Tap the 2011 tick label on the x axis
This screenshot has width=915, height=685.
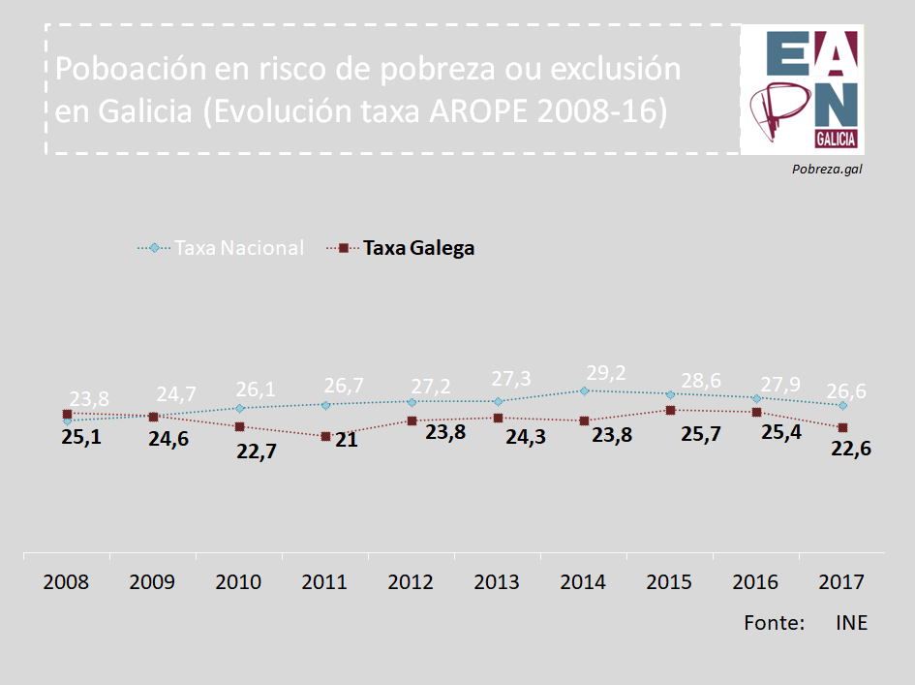pos(324,582)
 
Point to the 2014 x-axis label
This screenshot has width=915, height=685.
pos(583,582)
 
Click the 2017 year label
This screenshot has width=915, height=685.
pos(841,582)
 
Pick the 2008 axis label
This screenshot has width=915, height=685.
pos(66,582)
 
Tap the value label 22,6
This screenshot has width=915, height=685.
pos(851,449)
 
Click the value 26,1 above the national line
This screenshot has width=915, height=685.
pos(256,389)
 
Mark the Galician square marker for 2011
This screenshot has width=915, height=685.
pos(325,437)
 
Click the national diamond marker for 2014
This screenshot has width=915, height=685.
pos(584,390)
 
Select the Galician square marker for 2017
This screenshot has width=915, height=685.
pos(843,427)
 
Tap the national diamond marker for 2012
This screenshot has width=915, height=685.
pos(412,401)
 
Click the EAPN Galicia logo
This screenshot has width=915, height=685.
pos(801,89)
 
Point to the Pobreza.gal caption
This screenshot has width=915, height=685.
pos(827,169)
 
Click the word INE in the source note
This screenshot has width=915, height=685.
pos(851,622)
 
